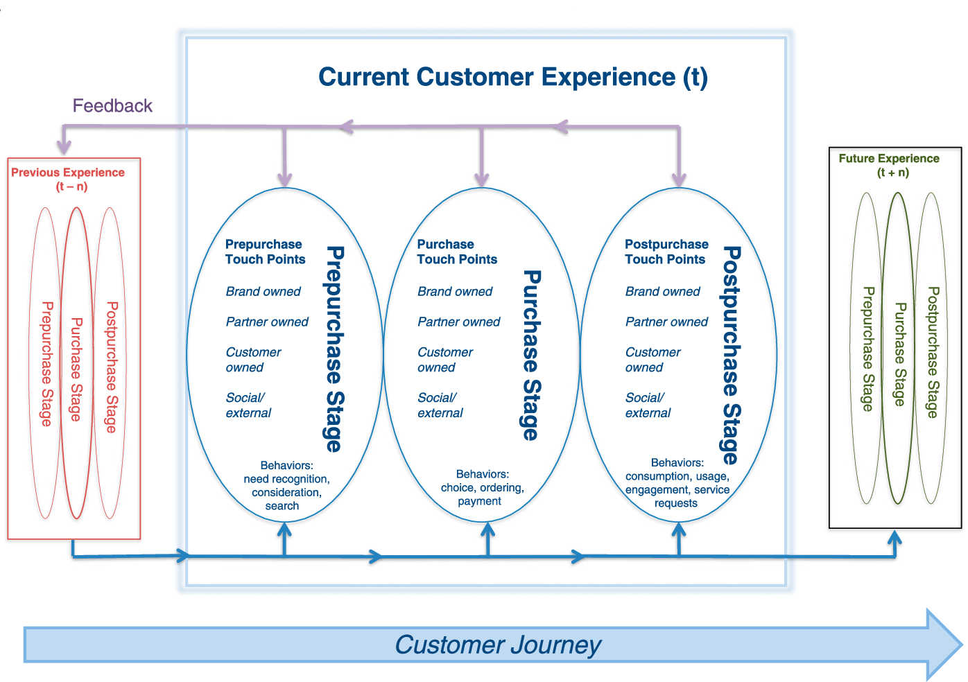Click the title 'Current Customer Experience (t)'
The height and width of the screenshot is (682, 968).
coord(512,77)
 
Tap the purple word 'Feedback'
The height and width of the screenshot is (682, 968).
coord(112,106)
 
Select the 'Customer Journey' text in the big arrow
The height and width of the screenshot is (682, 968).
coord(498,645)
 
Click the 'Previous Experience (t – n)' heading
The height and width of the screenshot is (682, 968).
coord(68,179)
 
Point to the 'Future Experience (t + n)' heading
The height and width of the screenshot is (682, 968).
coord(889,165)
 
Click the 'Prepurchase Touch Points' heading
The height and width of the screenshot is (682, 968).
coord(265,252)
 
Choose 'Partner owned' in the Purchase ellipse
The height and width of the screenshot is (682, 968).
coord(458,322)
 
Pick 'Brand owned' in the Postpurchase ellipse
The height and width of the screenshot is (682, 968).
coord(662,292)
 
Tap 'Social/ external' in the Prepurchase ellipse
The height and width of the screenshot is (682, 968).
coord(248,405)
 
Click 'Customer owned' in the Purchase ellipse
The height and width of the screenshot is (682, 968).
coord(444,360)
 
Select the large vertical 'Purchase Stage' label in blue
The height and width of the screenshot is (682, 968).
coord(530,355)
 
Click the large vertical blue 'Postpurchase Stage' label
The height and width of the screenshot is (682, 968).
coord(731,355)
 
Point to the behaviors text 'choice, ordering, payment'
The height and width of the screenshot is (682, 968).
coord(482,488)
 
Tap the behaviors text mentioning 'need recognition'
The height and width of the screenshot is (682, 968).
coord(286,486)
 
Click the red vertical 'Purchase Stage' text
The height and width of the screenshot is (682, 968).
coord(76,369)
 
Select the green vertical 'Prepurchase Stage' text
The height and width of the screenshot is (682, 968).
coord(867,349)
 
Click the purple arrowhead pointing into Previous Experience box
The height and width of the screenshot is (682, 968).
coord(64,147)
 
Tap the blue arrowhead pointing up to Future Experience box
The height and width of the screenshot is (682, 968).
coord(895,537)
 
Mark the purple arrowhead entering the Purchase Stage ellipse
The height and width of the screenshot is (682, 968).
coord(481,180)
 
